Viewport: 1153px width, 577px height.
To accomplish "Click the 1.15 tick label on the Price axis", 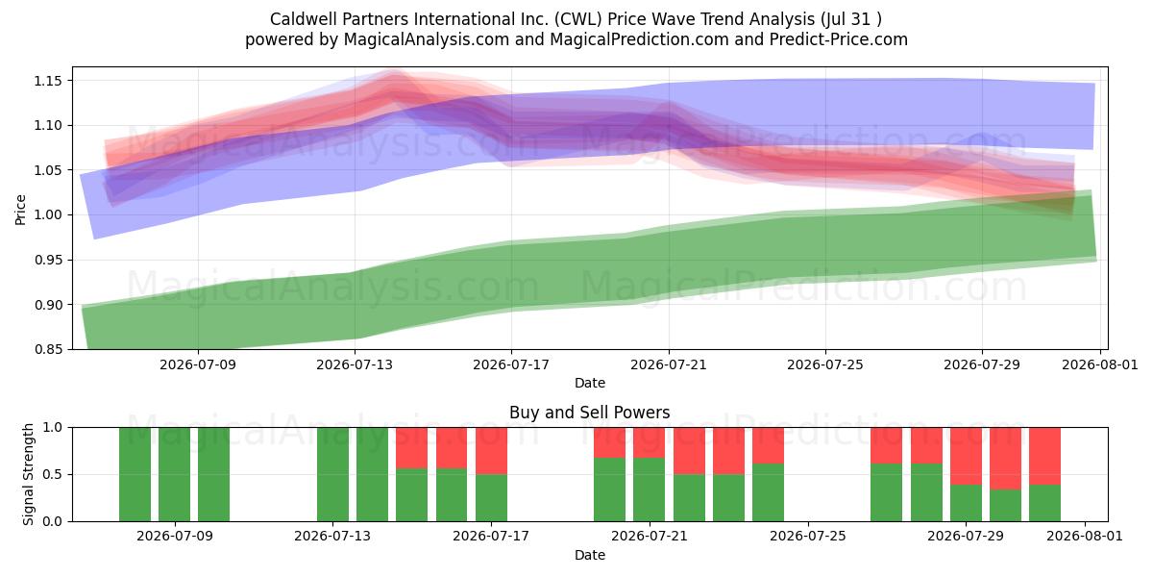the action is point(48,81).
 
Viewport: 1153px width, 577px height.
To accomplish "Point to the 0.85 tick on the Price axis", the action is point(48,349).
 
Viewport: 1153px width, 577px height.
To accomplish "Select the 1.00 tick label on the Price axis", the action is point(48,214).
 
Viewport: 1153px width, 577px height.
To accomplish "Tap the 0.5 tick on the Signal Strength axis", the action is point(52,474).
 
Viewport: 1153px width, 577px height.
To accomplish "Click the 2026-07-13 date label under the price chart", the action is point(355,364).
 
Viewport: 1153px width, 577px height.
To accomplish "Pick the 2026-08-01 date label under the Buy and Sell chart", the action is point(1085,536).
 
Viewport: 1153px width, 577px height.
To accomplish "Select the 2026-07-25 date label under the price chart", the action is point(825,364).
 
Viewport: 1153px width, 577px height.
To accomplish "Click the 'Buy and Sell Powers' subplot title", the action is point(589,413).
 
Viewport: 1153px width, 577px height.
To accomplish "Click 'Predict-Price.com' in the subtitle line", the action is point(839,39).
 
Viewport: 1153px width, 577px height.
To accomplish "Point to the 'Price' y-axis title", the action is point(20,210).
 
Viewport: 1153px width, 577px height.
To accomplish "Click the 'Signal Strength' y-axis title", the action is point(28,474).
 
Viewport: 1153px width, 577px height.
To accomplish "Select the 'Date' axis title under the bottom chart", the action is point(589,555).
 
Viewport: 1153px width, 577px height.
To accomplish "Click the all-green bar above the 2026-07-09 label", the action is point(174,474).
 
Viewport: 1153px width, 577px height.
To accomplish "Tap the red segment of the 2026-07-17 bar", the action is point(491,451).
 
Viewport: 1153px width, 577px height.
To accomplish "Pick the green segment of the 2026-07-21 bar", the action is point(650,489).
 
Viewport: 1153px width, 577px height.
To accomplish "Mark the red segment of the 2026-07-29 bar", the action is point(966,456).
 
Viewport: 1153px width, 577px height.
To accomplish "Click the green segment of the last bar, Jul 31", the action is point(1045,503).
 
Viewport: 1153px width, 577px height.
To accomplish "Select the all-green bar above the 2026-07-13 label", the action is point(332,474).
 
